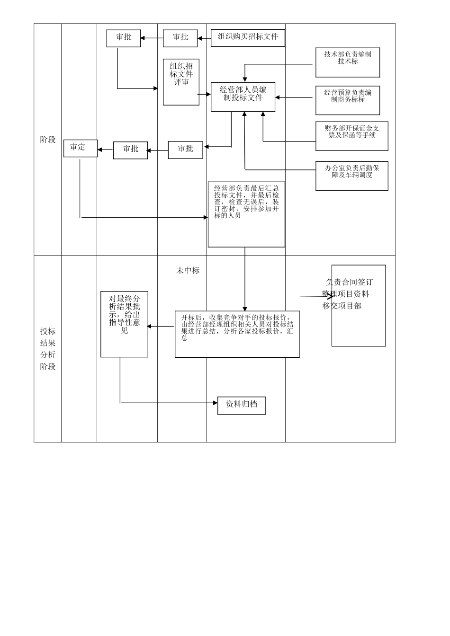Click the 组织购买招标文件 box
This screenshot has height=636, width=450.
tap(248, 37)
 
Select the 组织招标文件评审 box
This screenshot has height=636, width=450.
tap(181, 81)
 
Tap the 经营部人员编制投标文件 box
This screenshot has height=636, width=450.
tap(243, 97)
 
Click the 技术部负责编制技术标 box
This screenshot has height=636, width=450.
tap(348, 62)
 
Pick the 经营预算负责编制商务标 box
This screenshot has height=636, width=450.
tap(348, 100)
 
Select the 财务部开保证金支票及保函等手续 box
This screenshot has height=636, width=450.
tap(351, 136)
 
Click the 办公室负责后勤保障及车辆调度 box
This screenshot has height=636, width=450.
tap(351, 176)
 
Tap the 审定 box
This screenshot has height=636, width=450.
tap(80, 148)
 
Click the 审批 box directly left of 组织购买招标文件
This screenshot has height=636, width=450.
tap(180, 38)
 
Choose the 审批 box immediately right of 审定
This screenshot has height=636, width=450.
tap(130, 150)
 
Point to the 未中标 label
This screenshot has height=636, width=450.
tap(188, 271)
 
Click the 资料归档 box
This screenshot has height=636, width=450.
tap(241, 405)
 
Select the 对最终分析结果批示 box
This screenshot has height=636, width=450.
tap(124, 324)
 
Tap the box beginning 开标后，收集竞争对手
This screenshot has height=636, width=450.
tap(237, 334)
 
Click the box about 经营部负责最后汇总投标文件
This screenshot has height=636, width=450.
tap(246, 214)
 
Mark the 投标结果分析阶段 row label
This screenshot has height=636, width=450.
tap(48, 349)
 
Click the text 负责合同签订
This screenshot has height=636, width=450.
tap(350, 283)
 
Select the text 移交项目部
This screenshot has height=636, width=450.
tap(342, 306)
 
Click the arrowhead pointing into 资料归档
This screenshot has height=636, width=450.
tap(215, 403)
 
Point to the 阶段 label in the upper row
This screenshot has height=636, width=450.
tap(48, 140)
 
